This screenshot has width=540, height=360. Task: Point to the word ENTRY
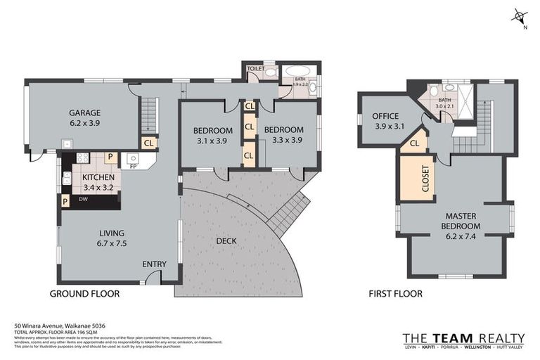click(x=154, y=264)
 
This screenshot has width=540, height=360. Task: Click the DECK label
click(x=226, y=240)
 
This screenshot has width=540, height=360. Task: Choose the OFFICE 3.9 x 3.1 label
click(x=385, y=121)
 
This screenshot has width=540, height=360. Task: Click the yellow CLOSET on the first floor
click(x=415, y=178)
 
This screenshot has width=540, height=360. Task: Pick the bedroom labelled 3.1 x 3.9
click(x=212, y=135)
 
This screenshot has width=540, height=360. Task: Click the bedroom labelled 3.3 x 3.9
click(x=283, y=135)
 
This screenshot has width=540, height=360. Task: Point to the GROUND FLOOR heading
click(x=84, y=294)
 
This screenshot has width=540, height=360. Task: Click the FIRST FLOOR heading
click(x=396, y=294)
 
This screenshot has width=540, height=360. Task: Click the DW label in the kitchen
click(x=82, y=200)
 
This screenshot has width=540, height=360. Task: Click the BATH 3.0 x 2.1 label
click(x=444, y=103)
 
